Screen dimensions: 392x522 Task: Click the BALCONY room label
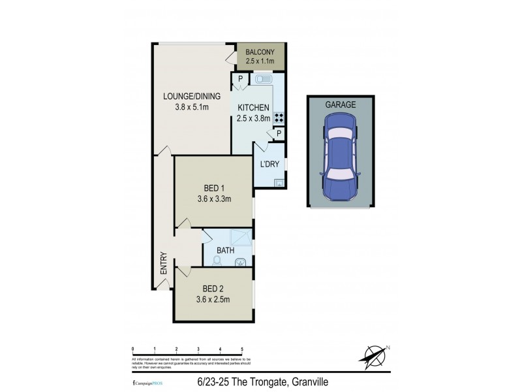(x=260, y=52)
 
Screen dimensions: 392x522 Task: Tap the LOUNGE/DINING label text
(x=192, y=97)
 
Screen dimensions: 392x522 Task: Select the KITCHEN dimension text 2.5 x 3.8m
(x=253, y=118)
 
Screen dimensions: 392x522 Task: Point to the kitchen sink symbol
(x=264, y=80)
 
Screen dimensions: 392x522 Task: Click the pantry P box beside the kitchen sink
(x=240, y=80)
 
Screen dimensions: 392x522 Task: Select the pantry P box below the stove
(x=279, y=134)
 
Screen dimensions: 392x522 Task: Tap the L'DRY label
(x=269, y=163)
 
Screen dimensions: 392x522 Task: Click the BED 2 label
(x=213, y=289)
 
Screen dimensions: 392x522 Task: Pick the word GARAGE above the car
(x=341, y=105)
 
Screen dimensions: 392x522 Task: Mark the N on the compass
(x=388, y=347)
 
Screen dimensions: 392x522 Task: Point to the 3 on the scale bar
(x=198, y=350)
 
